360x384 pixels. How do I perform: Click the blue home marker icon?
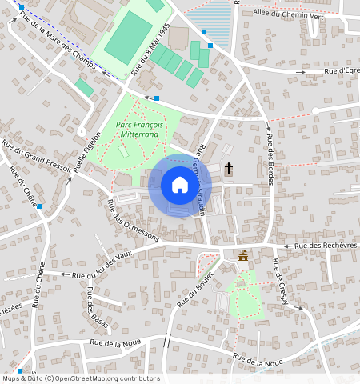tap(180, 186)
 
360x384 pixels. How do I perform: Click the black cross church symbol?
tap(230, 168)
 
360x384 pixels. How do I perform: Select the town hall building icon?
tap(243, 255)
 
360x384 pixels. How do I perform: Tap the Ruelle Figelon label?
tap(88, 153)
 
